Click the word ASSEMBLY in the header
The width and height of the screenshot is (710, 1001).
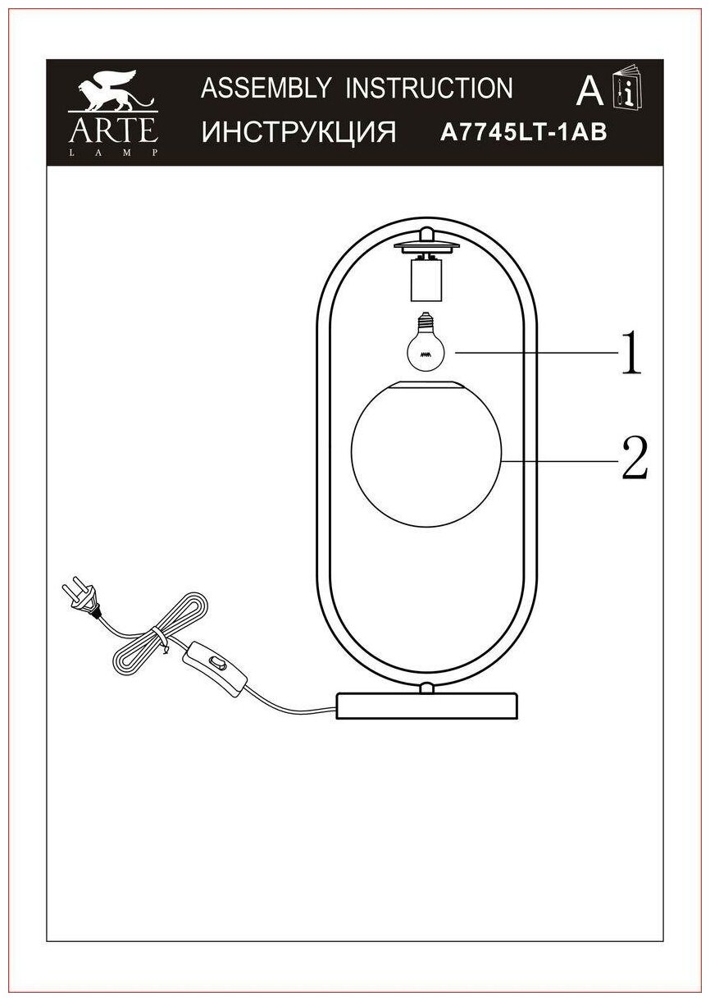pos(266,89)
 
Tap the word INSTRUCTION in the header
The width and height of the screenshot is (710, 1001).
pos(429,89)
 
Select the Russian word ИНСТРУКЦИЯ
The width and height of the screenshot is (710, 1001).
pos(298,131)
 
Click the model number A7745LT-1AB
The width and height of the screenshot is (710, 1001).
pos(524,132)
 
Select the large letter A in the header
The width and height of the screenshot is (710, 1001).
pos(589,92)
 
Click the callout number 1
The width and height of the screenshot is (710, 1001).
pos(630,354)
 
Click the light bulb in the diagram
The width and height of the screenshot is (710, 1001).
pos(426,344)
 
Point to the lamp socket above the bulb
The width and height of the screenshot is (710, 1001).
pos(425,279)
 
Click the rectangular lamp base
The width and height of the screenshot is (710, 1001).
pos(427,706)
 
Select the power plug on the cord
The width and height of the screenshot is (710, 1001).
pos(80,599)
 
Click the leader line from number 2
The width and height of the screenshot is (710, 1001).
pos(558,461)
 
